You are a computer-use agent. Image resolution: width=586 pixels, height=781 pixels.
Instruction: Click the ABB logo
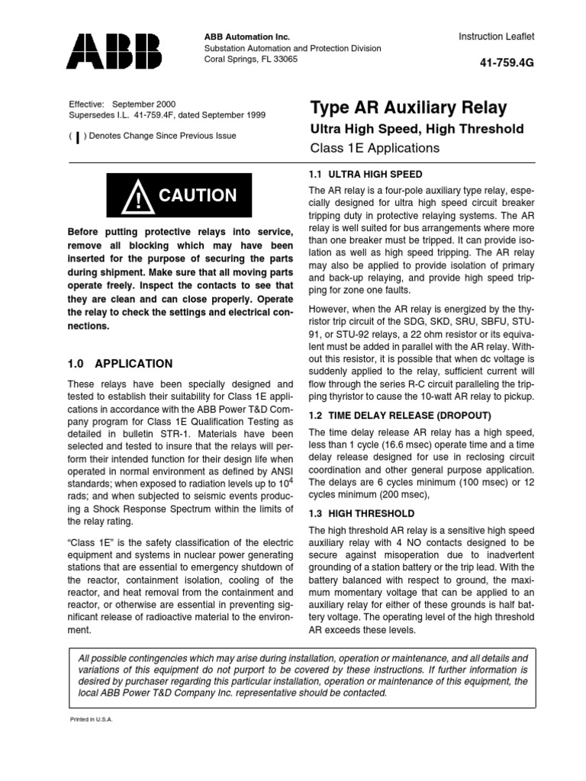point(115,51)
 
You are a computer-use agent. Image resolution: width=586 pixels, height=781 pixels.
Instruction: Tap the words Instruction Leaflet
point(497,36)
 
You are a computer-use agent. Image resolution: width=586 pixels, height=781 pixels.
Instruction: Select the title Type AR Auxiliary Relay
point(408,108)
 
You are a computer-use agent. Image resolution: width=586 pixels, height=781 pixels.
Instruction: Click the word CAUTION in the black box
point(198,196)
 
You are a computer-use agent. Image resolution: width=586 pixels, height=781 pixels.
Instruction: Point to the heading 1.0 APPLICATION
point(121,364)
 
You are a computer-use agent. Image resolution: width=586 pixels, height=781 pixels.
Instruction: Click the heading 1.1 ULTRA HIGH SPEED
point(365,175)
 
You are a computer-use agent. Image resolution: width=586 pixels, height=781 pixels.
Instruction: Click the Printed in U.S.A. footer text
point(91,719)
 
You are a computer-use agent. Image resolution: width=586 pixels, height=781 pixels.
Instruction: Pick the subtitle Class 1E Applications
point(375,148)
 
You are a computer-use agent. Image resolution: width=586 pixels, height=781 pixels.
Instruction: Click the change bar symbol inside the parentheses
point(78,137)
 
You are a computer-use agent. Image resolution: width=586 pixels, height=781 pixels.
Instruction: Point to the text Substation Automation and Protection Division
point(291,48)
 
